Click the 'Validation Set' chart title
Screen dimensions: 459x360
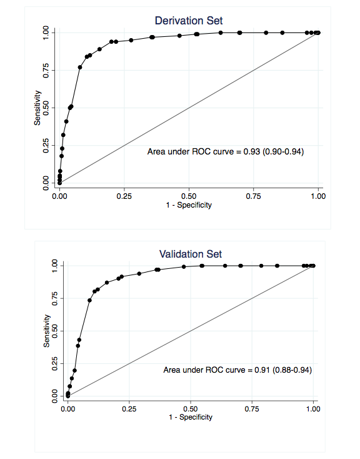pos(191,254)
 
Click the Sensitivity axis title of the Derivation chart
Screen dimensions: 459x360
pos(37,108)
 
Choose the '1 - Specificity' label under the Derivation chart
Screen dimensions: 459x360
pos(188,205)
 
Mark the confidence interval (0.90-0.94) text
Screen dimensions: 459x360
pos(286,151)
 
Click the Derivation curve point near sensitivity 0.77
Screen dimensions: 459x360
pos(80,67)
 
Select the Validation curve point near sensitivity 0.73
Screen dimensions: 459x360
pos(89,300)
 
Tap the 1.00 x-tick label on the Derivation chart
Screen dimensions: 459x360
pos(317,195)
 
